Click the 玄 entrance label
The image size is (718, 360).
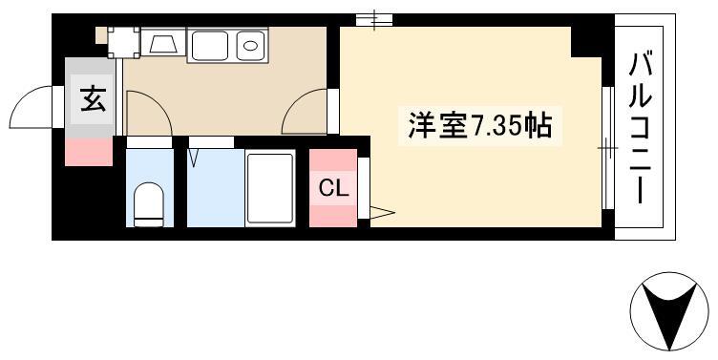[93, 99]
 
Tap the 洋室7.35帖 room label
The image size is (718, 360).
[480, 124]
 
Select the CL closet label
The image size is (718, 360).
[333, 188]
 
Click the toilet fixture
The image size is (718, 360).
[149, 204]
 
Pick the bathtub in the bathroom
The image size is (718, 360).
[269, 188]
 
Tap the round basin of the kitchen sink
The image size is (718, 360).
[250, 45]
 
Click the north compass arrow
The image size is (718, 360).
[669, 311]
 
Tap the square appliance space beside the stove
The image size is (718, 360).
[123, 43]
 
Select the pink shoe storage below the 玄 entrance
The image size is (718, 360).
[89, 152]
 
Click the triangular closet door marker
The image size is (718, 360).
[382, 213]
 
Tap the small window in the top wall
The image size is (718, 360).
[374, 20]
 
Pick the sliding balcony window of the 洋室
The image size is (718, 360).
[607, 147]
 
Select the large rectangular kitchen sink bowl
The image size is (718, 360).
[210, 45]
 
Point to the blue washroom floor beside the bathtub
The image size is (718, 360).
[216, 188]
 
